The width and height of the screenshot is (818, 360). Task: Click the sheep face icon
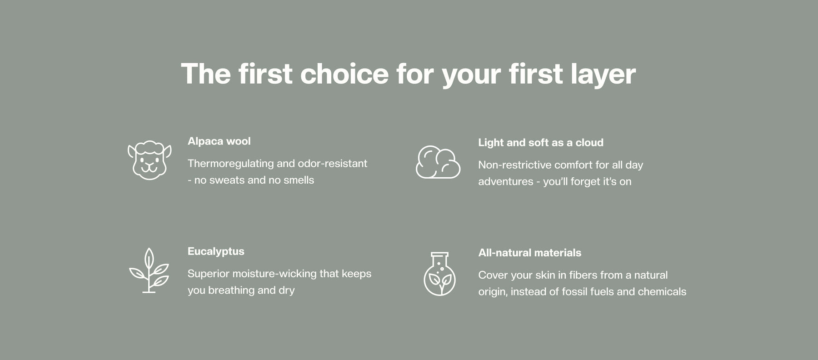(x=150, y=160)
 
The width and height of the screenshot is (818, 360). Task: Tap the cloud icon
(x=438, y=162)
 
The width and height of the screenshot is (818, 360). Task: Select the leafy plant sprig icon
(x=149, y=270)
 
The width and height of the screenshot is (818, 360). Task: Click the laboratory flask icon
(x=439, y=274)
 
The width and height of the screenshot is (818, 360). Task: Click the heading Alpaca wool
(x=219, y=141)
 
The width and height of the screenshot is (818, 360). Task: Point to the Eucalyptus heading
(x=216, y=251)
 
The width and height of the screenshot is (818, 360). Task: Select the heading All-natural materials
(x=529, y=253)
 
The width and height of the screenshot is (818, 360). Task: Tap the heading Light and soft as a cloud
(x=541, y=143)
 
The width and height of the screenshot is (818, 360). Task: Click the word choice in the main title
(x=344, y=74)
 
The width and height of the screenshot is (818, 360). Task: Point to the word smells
(x=299, y=180)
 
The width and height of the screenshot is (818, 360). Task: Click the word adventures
(x=506, y=182)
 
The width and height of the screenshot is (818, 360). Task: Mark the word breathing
(x=231, y=290)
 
